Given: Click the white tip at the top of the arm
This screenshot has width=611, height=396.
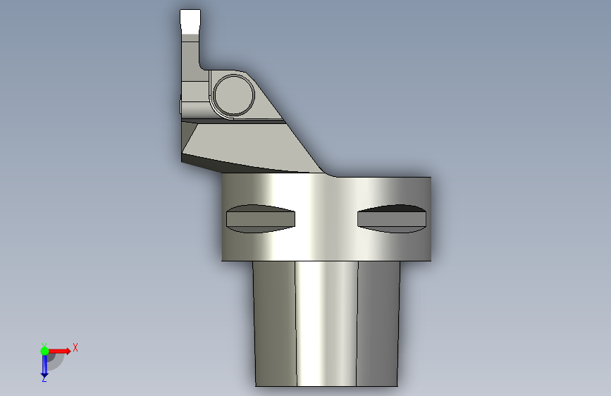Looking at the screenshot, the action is click(190, 21).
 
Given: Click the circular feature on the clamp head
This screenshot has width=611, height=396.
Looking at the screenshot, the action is click(234, 95).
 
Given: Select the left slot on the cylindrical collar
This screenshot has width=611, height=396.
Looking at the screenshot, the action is click(261, 218).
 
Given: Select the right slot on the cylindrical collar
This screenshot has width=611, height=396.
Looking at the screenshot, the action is click(392, 218).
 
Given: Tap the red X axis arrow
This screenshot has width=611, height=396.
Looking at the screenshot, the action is click(59, 351).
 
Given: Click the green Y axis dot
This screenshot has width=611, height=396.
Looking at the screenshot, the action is click(44, 351).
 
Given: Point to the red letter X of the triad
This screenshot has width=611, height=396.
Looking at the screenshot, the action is click(75, 347).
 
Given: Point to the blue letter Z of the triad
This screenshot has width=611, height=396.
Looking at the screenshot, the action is click(44, 378).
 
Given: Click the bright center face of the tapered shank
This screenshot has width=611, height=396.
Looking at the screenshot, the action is click(326, 323).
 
